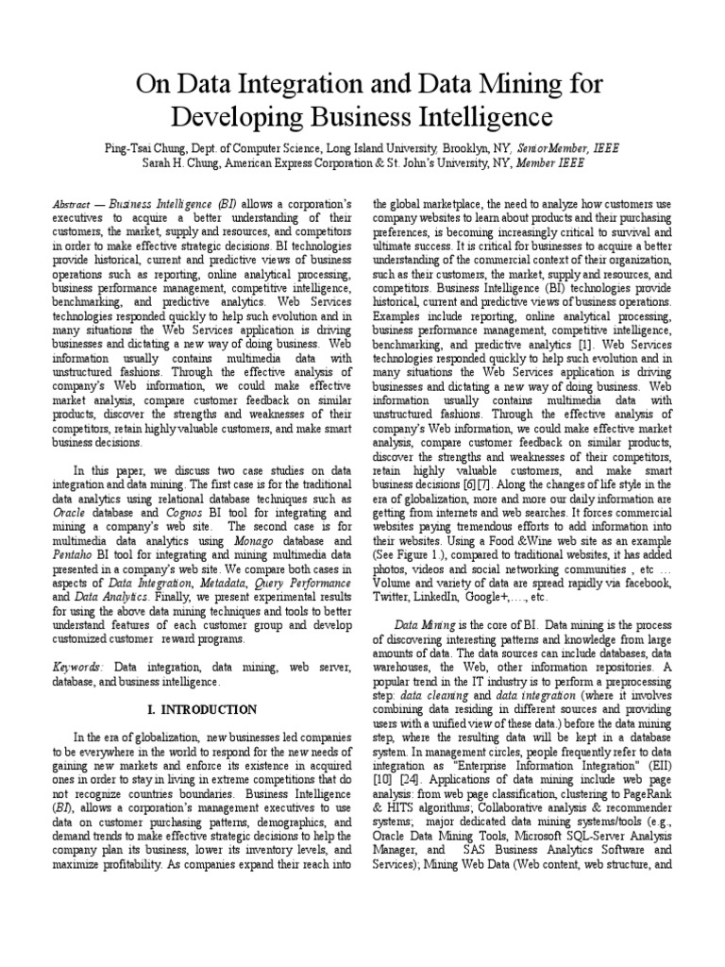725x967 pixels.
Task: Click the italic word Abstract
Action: (72, 204)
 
